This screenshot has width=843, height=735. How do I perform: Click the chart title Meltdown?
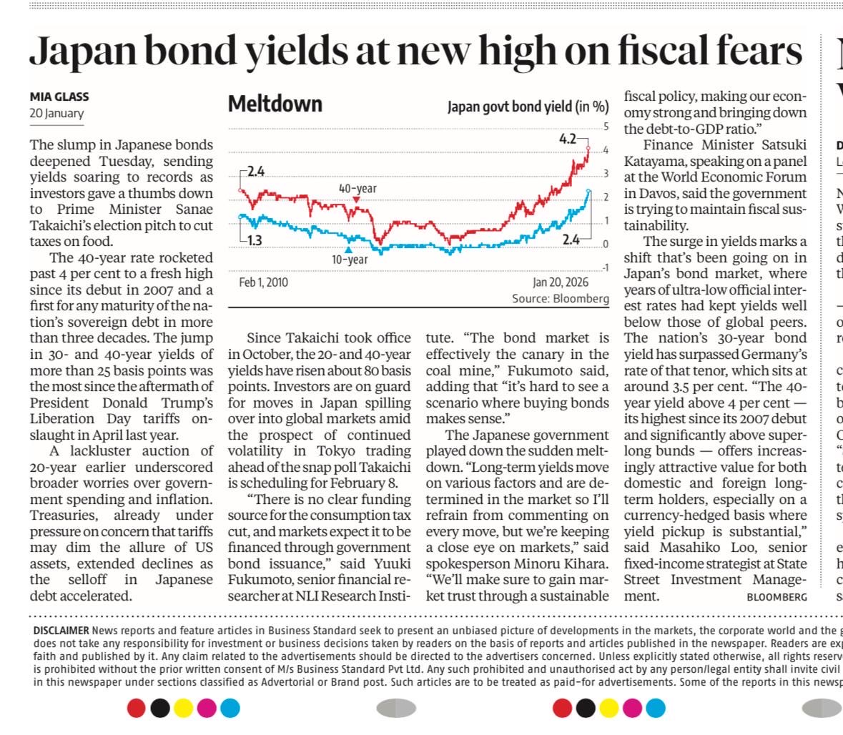click(x=275, y=104)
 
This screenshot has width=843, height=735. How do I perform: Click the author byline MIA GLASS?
click(x=59, y=97)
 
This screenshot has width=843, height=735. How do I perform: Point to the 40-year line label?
click(x=357, y=189)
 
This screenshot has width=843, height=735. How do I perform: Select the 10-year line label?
click(x=350, y=260)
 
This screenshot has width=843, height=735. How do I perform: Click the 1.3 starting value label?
click(x=254, y=240)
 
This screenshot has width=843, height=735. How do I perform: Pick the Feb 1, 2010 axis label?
click(x=263, y=282)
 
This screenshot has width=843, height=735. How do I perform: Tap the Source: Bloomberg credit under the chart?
click(x=560, y=298)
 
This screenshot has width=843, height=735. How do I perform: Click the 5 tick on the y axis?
click(x=605, y=127)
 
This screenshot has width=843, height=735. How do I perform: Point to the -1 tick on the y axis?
click(x=603, y=267)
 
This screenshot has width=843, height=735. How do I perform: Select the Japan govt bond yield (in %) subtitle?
click(x=528, y=107)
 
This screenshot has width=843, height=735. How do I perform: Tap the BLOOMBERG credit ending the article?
click(x=777, y=596)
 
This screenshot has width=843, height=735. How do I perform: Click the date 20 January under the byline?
click(x=56, y=113)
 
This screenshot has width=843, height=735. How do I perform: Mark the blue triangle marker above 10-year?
click(x=348, y=250)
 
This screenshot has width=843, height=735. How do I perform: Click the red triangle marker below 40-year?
click(x=356, y=199)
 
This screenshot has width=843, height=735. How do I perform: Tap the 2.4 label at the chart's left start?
click(x=255, y=172)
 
